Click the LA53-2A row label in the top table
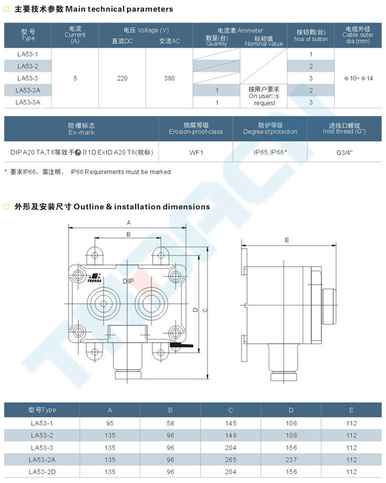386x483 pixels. tap(27, 90)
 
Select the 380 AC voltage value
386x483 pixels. tap(169, 78)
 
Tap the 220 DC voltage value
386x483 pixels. tap(122, 78)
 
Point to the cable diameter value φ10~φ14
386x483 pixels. tap(359, 78)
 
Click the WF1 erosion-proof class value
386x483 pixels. tap(196, 152)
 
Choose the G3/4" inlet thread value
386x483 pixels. tap(344, 152)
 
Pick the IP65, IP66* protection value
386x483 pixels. tap(270, 152)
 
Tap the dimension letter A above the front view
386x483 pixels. tap(128, 223)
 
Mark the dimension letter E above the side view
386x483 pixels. tap(287, 240)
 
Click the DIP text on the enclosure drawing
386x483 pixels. tap(128, 281)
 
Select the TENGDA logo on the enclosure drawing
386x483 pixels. tap(94, 278)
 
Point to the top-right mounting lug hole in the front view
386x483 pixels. tap(160, 256)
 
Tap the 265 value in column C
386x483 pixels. tap(231, 460)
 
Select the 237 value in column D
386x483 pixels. tap(291, 460)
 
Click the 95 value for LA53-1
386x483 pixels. tap(110, 423)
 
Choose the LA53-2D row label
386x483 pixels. tap(42, 471)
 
